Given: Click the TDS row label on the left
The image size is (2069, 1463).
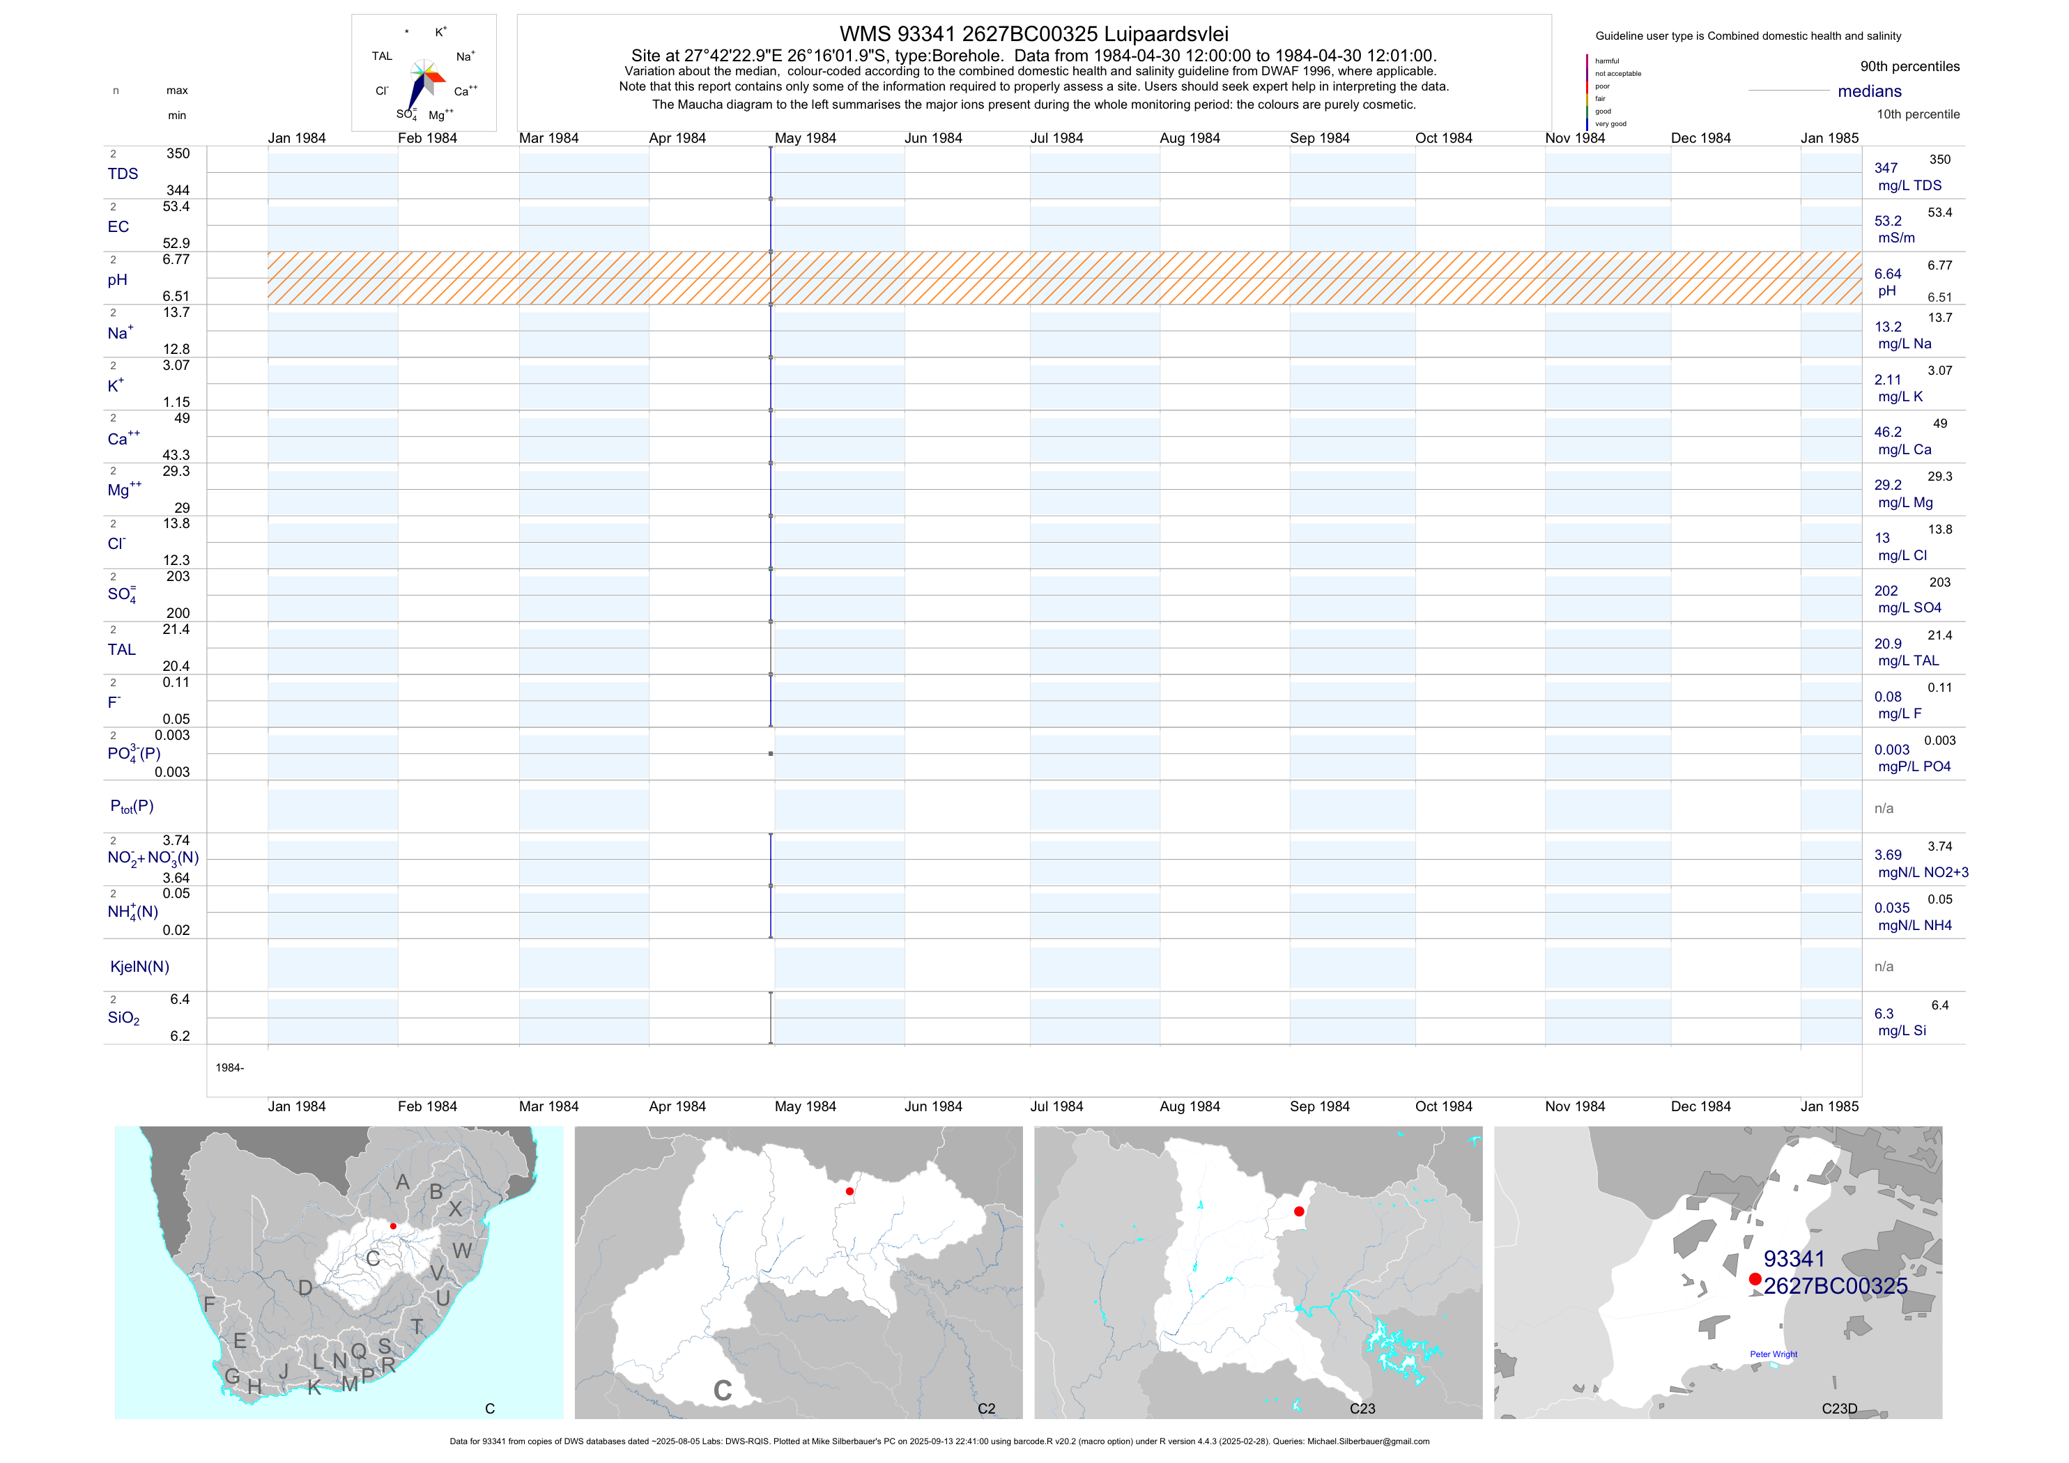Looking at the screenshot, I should click(123, 174).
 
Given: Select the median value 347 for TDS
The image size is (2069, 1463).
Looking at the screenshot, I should click(1885, 169).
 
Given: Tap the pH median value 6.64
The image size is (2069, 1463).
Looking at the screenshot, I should click(1887, 274).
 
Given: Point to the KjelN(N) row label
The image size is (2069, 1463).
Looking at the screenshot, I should click(139, 967).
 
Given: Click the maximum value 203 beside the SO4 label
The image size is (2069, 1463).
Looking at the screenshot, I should click(178, 577).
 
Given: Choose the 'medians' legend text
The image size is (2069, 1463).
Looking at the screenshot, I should click(1869, 91).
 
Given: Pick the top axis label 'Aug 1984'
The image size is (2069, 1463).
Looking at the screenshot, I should click(1190, 138).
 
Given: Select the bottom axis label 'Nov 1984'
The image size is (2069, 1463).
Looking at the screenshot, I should click(1574, 1106).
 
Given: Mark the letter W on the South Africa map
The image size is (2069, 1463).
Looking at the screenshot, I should click(462, 1251).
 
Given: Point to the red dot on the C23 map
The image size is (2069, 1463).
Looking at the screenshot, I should click(1298, 1212).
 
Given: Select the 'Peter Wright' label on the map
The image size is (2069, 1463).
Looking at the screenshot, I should click(1773, 1354).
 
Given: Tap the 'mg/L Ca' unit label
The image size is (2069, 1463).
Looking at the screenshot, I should click(1904, 449).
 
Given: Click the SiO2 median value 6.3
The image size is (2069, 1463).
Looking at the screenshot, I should click(1884, 1014).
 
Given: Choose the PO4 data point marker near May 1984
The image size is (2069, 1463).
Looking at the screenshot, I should click(771, 753).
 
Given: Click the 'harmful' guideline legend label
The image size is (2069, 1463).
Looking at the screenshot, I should click(1607, 61).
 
